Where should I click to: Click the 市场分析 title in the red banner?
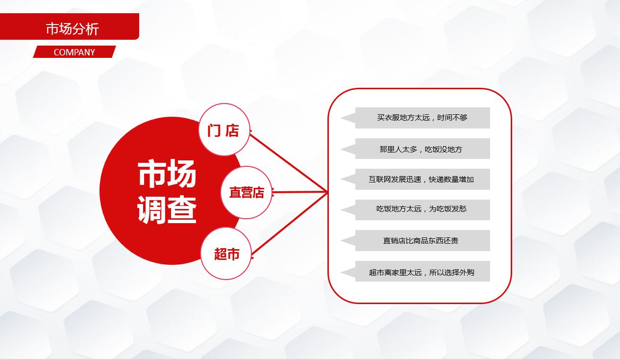coord(73,28)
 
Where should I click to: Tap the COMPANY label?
coord(74,52)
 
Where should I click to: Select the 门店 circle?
coord(224,130)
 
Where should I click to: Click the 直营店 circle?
coord(246,192)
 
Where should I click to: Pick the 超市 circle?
coord(226,254)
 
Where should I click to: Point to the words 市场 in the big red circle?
coord(167,174)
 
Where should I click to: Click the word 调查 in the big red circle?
coord(167,210)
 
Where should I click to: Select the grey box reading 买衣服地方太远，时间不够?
coord(422,118)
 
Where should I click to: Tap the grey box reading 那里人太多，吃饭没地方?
coord(422,149)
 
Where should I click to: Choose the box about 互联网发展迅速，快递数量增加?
coord(422,180)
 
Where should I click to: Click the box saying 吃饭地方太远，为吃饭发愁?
coord(422,209)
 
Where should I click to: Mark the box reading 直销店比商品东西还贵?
coord(422,240)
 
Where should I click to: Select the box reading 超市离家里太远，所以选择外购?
coord(422,271)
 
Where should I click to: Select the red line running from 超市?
coord(289,223)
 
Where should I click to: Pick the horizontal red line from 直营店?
coord(299,192)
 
